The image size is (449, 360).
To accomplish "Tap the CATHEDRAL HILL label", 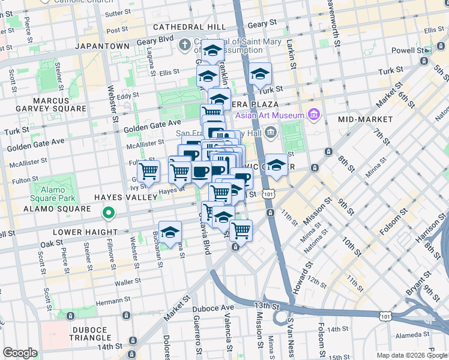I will pyautogui.click(x=189, y=27).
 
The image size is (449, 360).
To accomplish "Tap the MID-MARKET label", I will pyautogui.click(x=365, y=119).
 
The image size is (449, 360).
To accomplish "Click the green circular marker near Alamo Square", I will pyautogui.click(x=109, y=212).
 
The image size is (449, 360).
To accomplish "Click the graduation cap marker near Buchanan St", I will pyautogui.click(x=170, y=232).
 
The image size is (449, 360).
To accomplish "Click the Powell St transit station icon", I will pyautogui.click(x=427, y=51).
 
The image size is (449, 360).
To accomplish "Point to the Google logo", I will pyautogui.click(x=20, y=353).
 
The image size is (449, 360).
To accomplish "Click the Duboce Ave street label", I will pyautogui.click(x=212, y=308).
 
